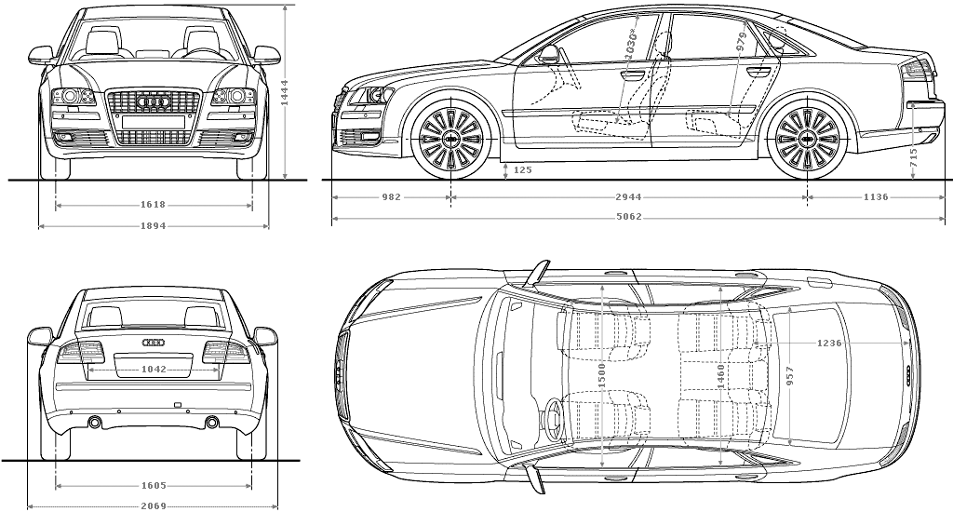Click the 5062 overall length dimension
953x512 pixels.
628,217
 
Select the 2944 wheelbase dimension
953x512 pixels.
628,197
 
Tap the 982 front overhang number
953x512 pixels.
392,197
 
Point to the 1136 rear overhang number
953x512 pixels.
876,197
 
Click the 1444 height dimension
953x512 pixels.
285,93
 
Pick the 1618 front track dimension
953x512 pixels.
154,205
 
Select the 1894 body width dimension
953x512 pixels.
154,225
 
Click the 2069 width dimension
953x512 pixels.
154,505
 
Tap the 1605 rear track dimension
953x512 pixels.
154,485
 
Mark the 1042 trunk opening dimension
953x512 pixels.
154,369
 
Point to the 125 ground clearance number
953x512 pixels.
523,169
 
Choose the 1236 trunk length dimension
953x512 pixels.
829,343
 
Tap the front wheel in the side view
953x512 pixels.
451,139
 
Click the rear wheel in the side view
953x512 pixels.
807,139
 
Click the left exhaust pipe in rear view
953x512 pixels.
96,422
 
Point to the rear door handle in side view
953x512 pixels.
758,73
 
